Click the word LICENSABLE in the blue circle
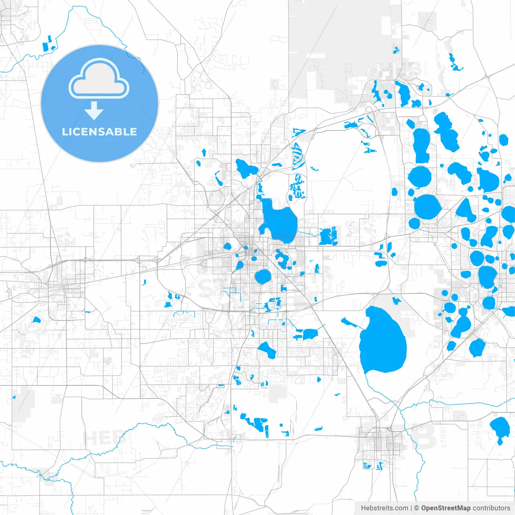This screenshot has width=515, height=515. [x=99, y=132]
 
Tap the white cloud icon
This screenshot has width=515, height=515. [x=99, y=79]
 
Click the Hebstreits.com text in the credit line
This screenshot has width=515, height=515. [x=384, y=508]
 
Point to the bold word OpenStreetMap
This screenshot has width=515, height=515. [x=446, y=508]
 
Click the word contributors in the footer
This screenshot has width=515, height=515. [x=491, y=508]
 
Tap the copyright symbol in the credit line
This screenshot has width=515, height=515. [x=416, y=508]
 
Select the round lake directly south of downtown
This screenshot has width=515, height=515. [x=263, y=276]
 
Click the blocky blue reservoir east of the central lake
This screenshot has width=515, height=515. [x=328, y=236]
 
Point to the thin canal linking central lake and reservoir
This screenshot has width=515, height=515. [x=308, y=234]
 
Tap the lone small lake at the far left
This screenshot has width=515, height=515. [x=37, y=320]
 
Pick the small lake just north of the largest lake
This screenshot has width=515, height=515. [x=397, y=300]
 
